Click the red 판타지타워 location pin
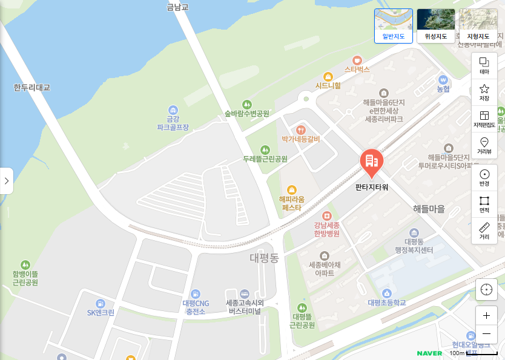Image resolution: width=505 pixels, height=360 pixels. tap(371, 162)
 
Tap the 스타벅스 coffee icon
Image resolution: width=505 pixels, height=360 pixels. tap(357, 60)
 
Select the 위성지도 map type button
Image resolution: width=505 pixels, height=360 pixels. tap(436, 25)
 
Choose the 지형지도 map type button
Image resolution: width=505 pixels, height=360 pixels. tap(478, 25)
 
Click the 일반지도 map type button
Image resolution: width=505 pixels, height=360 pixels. tap(393, 25)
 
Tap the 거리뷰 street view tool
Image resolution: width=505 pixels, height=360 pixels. tap(484, 146)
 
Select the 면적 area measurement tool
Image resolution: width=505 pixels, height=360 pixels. tap(484, 205)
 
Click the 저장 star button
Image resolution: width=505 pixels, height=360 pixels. tap(484, 92)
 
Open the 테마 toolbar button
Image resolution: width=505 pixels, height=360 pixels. tap(484, 65)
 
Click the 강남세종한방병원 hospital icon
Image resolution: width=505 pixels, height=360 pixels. tap(327, 216)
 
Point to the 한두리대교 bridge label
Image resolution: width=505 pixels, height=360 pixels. tap(31, 88)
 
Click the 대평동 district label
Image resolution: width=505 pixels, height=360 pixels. tap(264, 258)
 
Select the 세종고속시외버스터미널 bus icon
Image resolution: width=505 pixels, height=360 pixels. tap(244, 293)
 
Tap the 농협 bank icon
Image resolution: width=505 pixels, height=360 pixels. tap(443, 79)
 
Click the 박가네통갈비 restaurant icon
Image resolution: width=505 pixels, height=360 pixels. tap(301, 129)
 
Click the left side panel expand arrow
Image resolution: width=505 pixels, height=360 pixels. tap(6, 180)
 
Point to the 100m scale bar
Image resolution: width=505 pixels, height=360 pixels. tap(473, 353)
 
